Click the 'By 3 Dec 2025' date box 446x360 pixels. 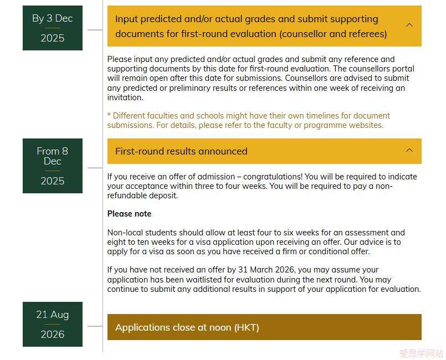click(53, 28)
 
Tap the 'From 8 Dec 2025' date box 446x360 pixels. click(53, 166)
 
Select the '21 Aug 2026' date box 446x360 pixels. click(53, 324)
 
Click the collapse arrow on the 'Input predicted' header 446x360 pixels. click(409, 25)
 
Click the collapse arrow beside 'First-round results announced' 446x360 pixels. click(409, 151)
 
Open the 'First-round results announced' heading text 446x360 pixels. click(181, 151)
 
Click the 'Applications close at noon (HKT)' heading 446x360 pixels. click(187, 327)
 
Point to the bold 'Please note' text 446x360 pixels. click(129, 214)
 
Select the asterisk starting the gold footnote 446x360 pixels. click(109, 116)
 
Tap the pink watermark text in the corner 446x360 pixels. click(421, 353)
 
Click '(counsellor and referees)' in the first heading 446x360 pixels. click(333, 34)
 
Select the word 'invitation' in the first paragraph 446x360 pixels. click(125, 97)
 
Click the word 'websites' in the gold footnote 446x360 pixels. click(365, 125)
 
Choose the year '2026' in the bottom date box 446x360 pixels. click(53, 335)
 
